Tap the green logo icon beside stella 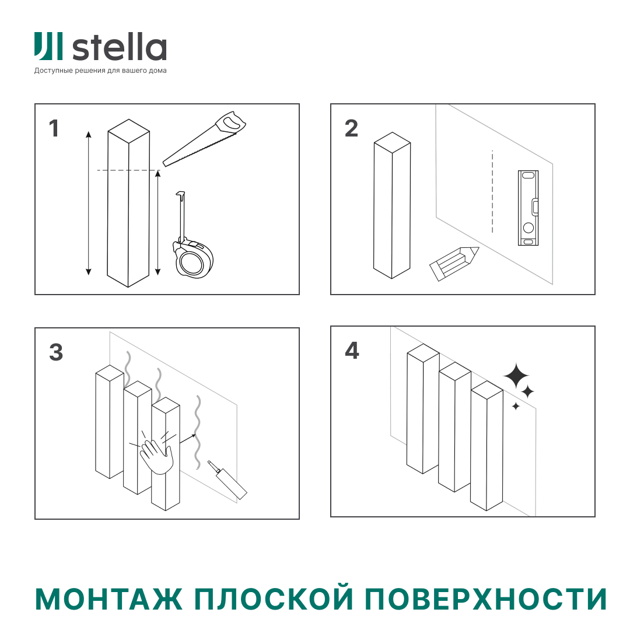point(48,47)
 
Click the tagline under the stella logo point(100,71)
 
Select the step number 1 point(54,129)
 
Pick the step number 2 point(351,129)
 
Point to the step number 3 point(56,352)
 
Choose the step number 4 point(352,351)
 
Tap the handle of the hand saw point(230,123)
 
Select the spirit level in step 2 point(528,208)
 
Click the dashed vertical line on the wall point(492,192)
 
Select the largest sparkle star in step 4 point(516,376)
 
